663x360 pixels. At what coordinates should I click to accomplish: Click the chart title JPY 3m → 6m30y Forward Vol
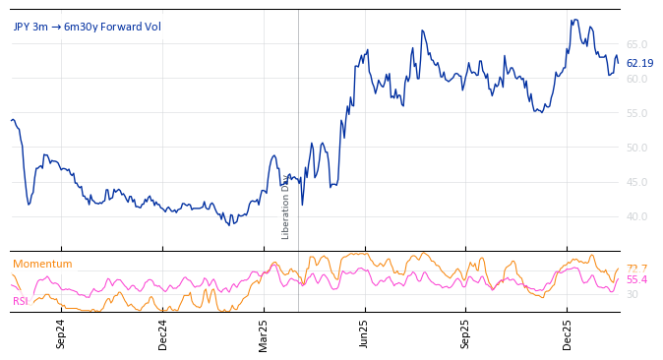point(87,27)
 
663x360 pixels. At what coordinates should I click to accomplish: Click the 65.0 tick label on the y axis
point(637,44)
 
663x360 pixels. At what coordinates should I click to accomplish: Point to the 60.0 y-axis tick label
point(637,79)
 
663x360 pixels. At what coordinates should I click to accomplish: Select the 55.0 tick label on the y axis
point(637,113)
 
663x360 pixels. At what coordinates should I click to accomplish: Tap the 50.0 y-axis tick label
point(637,148)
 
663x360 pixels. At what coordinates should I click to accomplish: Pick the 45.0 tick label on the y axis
point(637,182)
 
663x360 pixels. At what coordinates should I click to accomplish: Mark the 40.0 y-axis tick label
point(637,216)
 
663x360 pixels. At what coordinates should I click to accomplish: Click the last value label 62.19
point(639,63)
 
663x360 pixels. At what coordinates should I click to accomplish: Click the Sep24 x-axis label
point(61,333)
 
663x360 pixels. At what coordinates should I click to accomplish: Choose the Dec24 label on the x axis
point(163,333)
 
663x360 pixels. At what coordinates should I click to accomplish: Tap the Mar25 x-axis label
point(264,333)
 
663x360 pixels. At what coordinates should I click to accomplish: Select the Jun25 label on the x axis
point(365,333)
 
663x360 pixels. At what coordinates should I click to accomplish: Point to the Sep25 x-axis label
point(466,333)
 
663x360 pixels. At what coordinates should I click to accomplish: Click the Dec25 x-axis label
point(568,333)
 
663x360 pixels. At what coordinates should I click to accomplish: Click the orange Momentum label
point(42,264)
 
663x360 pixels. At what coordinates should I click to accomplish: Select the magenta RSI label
point(21,301)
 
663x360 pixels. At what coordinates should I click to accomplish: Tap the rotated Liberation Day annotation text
point(286,207)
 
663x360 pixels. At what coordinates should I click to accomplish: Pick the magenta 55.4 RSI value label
point(636,280)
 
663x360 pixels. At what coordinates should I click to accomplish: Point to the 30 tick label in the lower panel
point(633,294)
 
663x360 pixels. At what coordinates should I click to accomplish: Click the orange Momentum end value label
point(636,269)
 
